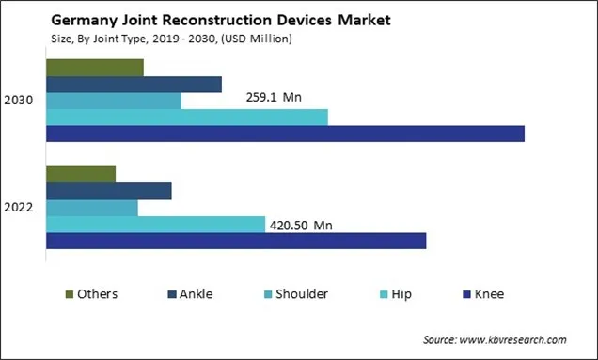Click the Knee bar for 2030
coord(285,133)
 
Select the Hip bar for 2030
coord(187,117)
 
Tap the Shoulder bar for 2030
coord(114,101)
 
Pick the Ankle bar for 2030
coord(134,85)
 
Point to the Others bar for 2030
coord(95,68)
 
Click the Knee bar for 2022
coord(236,241)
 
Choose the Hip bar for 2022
coord(156,224)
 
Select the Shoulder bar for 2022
coord(92,208)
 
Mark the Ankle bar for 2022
coord(109,191)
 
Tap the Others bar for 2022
coord(81,174)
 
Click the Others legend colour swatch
coord(69,294)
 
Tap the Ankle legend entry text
coord(196,294)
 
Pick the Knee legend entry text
coord(489,294)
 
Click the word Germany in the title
coord(77,19)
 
